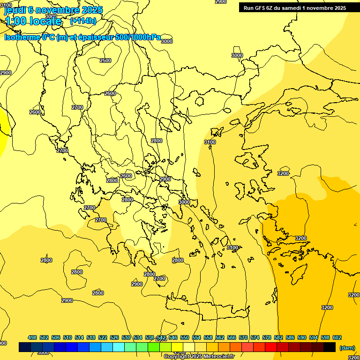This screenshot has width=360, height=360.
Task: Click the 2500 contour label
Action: [105, 60]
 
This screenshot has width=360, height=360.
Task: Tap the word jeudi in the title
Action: [15, 10]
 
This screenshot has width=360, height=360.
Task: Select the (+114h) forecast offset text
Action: [83, 21]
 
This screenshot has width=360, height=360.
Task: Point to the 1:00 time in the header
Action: [15, 21]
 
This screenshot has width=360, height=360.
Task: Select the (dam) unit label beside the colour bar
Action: [346, 347]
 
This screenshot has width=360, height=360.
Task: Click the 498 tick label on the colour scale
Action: [32, 337]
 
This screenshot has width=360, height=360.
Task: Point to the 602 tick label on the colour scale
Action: [337, 337]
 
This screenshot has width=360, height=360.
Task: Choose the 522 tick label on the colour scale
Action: [103, 337]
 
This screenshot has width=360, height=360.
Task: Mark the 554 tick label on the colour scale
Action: [196, 337]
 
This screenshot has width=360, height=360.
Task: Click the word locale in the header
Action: [45, 21]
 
